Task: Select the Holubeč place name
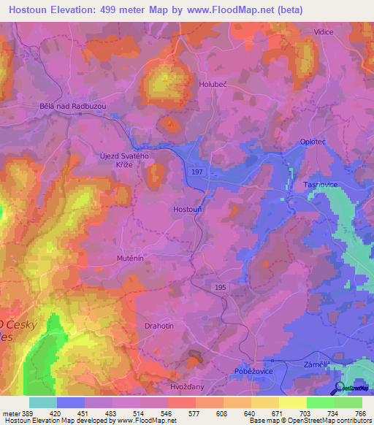tap(215, 85)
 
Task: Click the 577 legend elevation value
tap(196, 414)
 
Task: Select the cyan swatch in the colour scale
tap(42, 402)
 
